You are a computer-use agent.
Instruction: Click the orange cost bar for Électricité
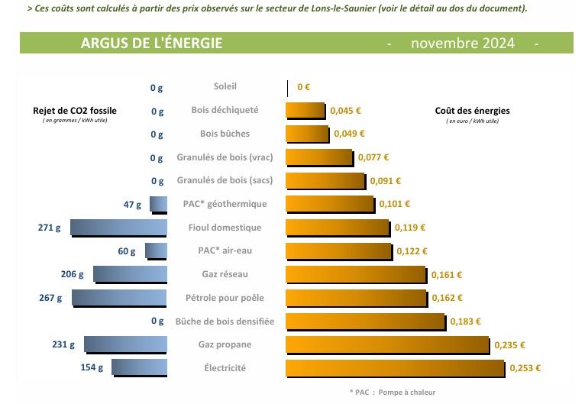(395, 368)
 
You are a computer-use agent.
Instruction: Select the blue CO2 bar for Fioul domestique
(118, 228)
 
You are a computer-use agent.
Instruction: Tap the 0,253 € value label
(524, 368)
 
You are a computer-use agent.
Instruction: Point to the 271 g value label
(49, 228)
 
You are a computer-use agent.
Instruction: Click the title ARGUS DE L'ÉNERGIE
(151, 43)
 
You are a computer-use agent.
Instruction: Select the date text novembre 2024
(462, 43)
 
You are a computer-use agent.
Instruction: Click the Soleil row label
(225, 87)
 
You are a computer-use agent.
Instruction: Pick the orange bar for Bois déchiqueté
(306, 111)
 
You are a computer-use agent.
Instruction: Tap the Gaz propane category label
(225, 344)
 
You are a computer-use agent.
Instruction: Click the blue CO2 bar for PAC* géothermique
(158, 204)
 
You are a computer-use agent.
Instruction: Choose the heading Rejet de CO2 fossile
(75, 111)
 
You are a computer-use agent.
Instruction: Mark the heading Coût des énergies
(471, 111)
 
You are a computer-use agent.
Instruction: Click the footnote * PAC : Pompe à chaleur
(392, 392)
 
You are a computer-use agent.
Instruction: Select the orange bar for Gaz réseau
(356, 274)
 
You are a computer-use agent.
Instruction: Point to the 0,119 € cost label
(410, 228)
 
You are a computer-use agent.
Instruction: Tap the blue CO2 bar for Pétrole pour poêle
(119, 298)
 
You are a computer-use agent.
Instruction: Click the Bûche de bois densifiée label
(225, 321)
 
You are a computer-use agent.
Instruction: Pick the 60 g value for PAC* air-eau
(126, 251)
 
